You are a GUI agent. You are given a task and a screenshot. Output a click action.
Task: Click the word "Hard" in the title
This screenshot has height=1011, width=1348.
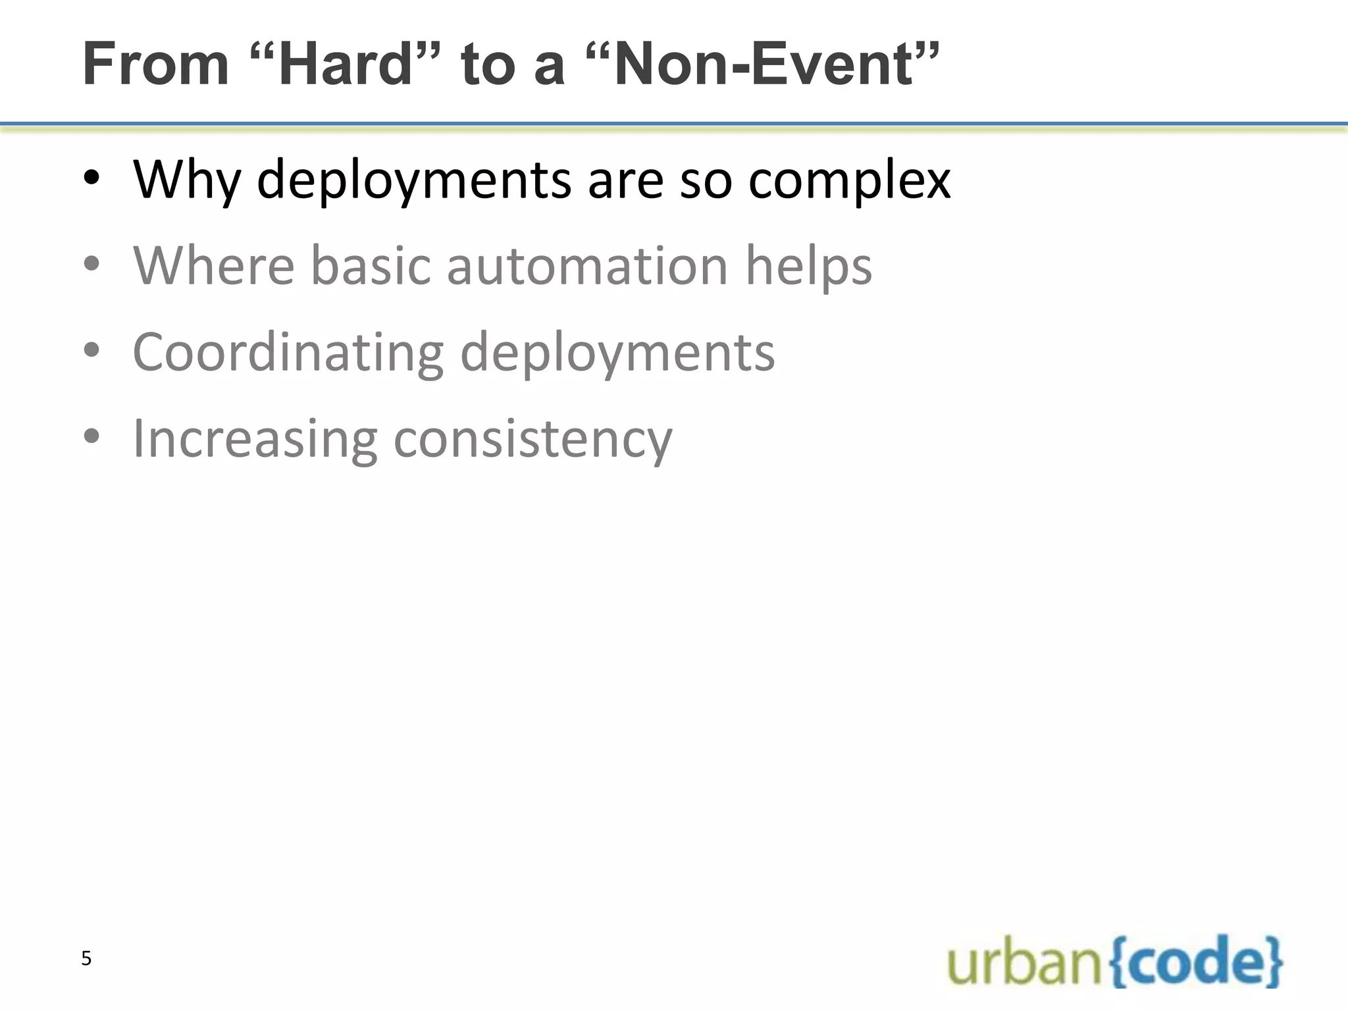click(x=346, y=65)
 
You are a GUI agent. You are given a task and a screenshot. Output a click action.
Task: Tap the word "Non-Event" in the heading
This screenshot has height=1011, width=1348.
click(x=764, y=65)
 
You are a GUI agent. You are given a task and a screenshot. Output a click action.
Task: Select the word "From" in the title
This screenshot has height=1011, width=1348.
click(x=156, y=65)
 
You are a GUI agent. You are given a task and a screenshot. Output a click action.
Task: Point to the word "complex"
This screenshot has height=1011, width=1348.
click(x=849, y=180)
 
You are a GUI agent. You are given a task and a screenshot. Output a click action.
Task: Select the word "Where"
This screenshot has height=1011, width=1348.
click(x=214, y=266)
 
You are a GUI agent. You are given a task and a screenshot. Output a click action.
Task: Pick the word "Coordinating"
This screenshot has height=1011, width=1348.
click(x=288, y=353)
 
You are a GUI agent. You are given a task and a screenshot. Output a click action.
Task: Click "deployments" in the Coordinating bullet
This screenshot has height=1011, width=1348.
click(x=617, y=353)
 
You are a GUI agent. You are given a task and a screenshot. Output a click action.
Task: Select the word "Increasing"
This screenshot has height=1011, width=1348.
click(x=255, y=439)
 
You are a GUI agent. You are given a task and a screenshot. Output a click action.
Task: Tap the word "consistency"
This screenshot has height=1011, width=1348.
click(x=533, y=439)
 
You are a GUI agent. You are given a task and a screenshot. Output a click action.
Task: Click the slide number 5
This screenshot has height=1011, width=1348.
click(x=86, y=959)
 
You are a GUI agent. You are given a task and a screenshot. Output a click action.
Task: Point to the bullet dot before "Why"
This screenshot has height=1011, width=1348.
click(x=92, y=179)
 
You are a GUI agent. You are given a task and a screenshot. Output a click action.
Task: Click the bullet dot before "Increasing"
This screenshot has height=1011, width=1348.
click(x=92, y=437)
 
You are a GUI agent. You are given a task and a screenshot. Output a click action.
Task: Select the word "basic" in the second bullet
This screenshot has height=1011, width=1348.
click(x=370, y=266)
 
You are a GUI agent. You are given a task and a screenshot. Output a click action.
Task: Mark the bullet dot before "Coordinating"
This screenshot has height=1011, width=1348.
click(x=92, y=351)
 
